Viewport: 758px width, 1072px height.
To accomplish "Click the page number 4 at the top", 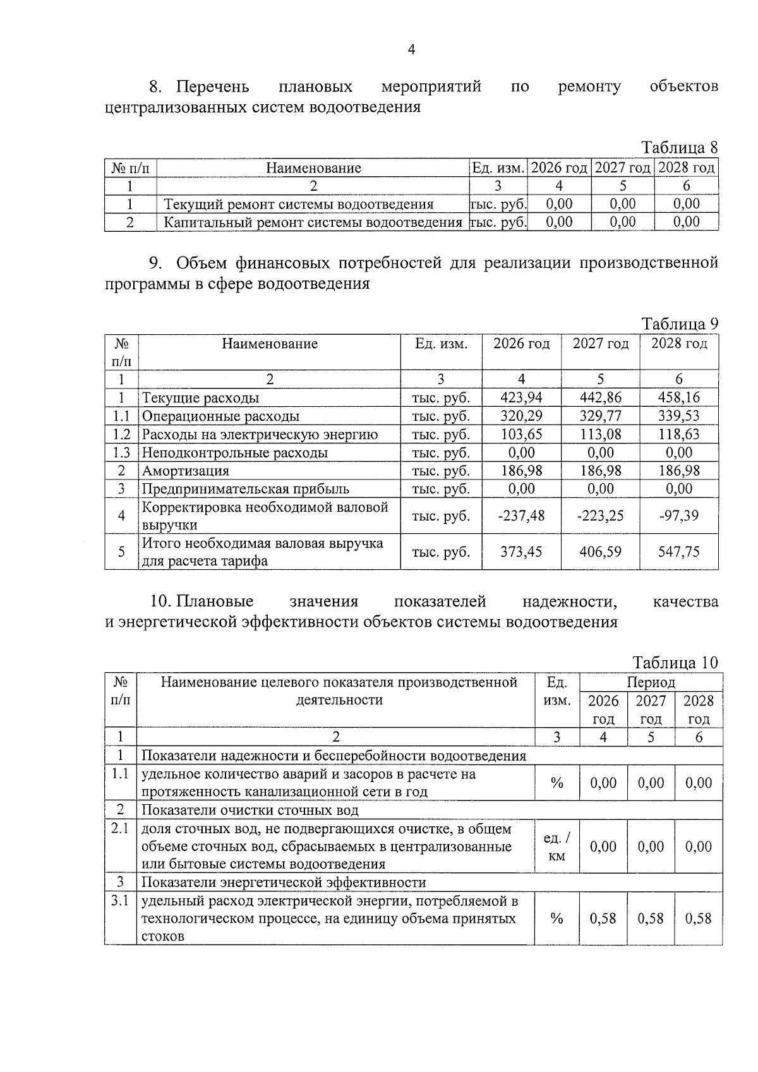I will tap(412, 50).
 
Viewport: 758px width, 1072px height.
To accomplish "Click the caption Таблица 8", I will tap(680, 148).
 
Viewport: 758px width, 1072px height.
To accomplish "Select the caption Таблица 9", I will tap(680, 324).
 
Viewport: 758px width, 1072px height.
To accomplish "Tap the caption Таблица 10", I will tap(675, 663).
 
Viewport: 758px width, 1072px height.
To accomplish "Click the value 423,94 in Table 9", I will tap(521, 397).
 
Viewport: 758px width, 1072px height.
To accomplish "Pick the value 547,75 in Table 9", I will tap(679, 552).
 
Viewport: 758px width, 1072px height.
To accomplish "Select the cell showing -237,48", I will tap(521, 515).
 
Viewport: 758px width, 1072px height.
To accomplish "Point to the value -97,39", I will tap(679, 515).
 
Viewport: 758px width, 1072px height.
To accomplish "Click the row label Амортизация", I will tap(185, 471).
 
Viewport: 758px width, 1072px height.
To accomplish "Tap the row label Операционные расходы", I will tap(220, 416).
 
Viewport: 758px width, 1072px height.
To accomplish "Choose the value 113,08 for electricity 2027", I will tap(600, 434).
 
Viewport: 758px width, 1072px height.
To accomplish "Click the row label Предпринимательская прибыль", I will tap(245, 489).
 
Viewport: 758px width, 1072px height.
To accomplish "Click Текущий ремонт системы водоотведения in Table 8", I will tap(299, 204).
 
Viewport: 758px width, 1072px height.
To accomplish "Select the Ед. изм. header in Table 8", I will tap(498, 168).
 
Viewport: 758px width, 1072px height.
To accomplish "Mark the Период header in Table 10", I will tap(651, 683).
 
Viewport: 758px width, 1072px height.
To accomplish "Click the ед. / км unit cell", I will tap(556, 846).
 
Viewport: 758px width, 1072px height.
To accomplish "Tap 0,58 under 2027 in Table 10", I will tap(651, 918).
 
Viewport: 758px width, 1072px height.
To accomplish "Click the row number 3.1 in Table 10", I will tap(120, 901).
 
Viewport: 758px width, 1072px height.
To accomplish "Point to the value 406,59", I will tap(600, 552).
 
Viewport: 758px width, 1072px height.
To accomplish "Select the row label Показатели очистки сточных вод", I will tap(250, 810).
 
